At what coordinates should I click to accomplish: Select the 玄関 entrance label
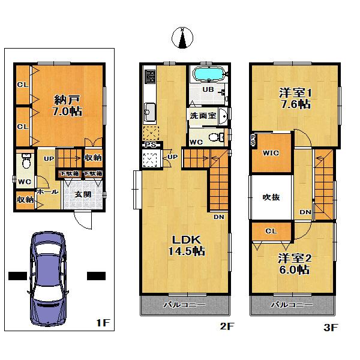83,194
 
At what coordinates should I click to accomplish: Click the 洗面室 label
203,115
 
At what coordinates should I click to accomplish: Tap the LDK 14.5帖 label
186,245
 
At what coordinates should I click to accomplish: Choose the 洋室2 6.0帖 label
294,264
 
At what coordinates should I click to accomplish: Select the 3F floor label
331,327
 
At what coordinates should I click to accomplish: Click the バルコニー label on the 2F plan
185,305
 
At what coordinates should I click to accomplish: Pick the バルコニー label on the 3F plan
291,305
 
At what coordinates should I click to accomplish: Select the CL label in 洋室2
271,231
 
